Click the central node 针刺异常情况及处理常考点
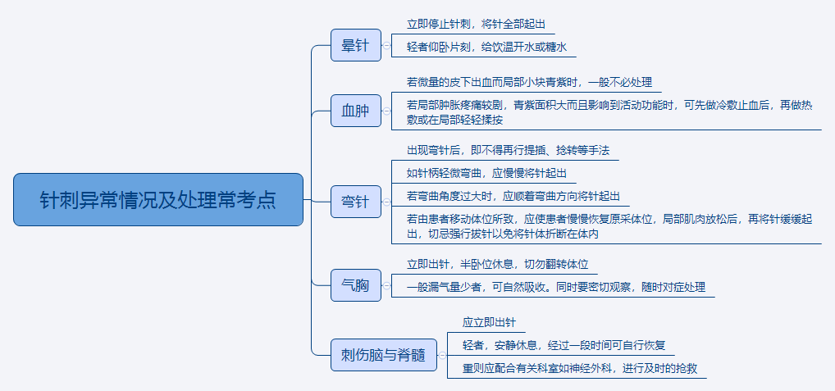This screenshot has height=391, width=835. click(158, 199)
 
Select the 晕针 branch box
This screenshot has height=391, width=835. click(356, 45)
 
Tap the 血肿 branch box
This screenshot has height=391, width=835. click(356, 111)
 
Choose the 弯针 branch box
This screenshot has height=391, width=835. click(356, 202)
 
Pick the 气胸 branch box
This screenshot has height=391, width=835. click(356, 286)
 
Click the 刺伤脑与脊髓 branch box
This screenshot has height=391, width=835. click(383, 355)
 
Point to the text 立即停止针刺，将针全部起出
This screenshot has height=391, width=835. click(476, 25)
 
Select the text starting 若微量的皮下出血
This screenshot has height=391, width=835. click(529, 82)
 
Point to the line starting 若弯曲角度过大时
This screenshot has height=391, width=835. click(513, 197)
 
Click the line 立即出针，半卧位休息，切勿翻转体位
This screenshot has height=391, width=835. click(497, 265)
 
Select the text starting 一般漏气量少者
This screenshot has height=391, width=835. click(555, 288)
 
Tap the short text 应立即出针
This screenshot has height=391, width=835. click(489, 323)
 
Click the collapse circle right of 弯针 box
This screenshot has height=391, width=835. click(387, 202)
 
